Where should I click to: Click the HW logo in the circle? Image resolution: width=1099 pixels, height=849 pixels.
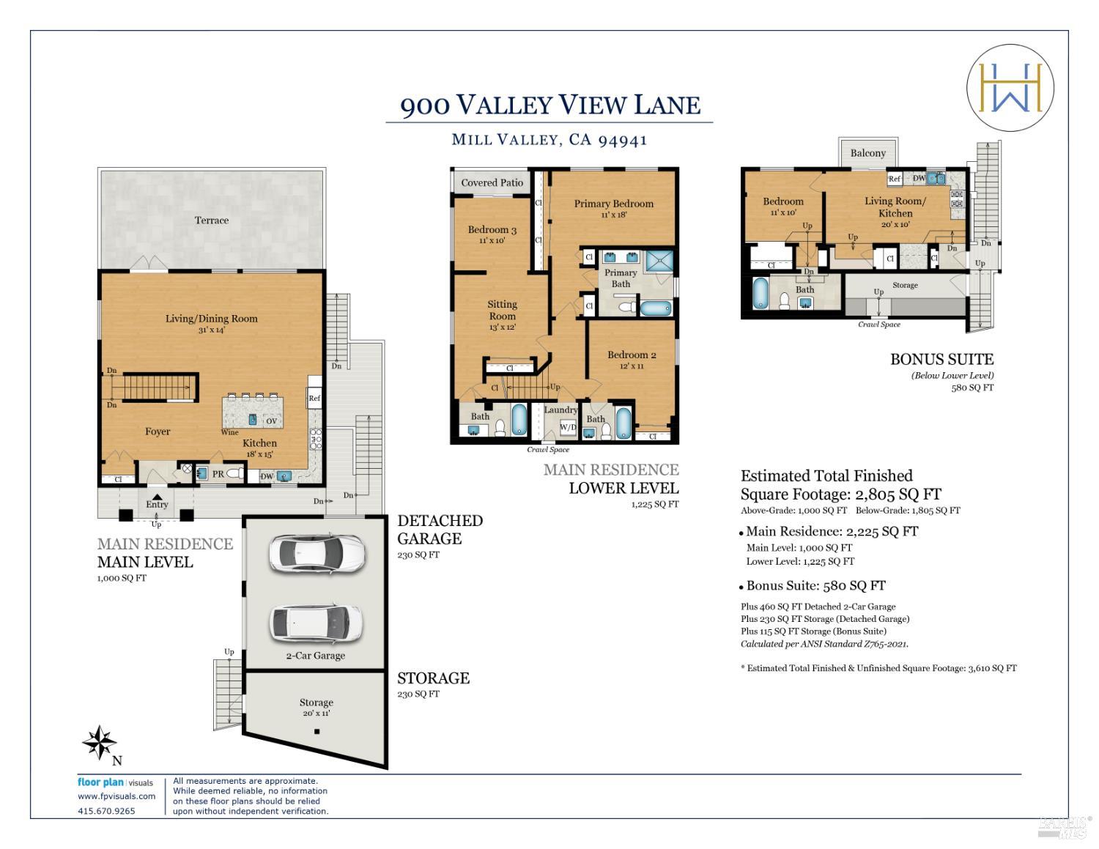(x=1010, y=87)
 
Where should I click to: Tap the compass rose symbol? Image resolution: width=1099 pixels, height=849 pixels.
(x=100, y=742)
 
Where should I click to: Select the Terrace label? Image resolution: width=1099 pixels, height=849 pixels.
(x=212, y=220)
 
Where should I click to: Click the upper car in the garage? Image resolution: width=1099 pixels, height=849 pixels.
(x=317, y=554)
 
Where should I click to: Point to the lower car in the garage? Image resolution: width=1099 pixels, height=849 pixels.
(x=316, y=623)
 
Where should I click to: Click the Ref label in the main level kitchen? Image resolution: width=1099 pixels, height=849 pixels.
(x=314, y=398)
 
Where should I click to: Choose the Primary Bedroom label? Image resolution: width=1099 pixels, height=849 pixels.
(x=613, y=204)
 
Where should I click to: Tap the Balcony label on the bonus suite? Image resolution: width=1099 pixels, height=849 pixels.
(x=868, y=153)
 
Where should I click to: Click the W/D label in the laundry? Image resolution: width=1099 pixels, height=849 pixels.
(x=568, y=427)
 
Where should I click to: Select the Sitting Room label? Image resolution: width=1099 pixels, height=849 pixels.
(x=502, y=310)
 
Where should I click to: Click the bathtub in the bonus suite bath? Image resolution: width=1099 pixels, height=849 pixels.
(x=761, y=293)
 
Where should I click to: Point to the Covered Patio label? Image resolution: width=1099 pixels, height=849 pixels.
(x=492, y=183)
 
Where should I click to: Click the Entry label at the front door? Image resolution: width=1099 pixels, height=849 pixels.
(x=157, y=504)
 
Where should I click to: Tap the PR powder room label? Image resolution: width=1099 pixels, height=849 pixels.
(x=218, y=474)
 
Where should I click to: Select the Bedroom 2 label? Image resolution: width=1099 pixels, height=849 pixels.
(x=632, y=355)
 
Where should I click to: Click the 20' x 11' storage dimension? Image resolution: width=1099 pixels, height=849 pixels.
(x=316, y=713)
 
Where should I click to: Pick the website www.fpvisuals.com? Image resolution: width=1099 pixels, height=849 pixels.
(x=116, y=796)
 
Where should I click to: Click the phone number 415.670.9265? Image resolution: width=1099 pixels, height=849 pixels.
(x=106, y=811)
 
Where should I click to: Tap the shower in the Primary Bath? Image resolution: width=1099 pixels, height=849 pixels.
(x=659, y=261)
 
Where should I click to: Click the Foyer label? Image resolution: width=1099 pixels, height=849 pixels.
(x=158, y=431)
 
